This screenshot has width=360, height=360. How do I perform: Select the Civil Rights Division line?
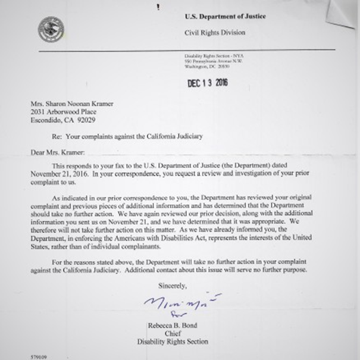[x=215, y=33]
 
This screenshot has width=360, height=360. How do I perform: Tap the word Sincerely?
[x=173, y=285]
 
